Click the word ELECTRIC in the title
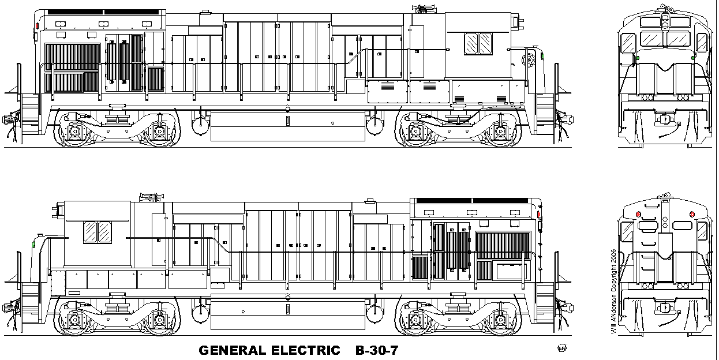(306, 350)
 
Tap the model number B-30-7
(377, 350)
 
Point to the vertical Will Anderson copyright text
(613, 291)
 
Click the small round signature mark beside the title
(562, 348)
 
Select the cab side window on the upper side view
(478, 43)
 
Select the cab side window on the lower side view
(98, 232)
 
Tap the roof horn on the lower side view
(152, 197)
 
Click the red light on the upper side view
(38, 25)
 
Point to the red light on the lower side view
(539, 214)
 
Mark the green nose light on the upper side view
(542, 57)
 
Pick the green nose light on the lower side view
(33, 245)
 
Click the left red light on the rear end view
(638, 214)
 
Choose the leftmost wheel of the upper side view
(74, 131)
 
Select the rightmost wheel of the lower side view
(501, 320)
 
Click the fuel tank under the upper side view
(288, 126)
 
